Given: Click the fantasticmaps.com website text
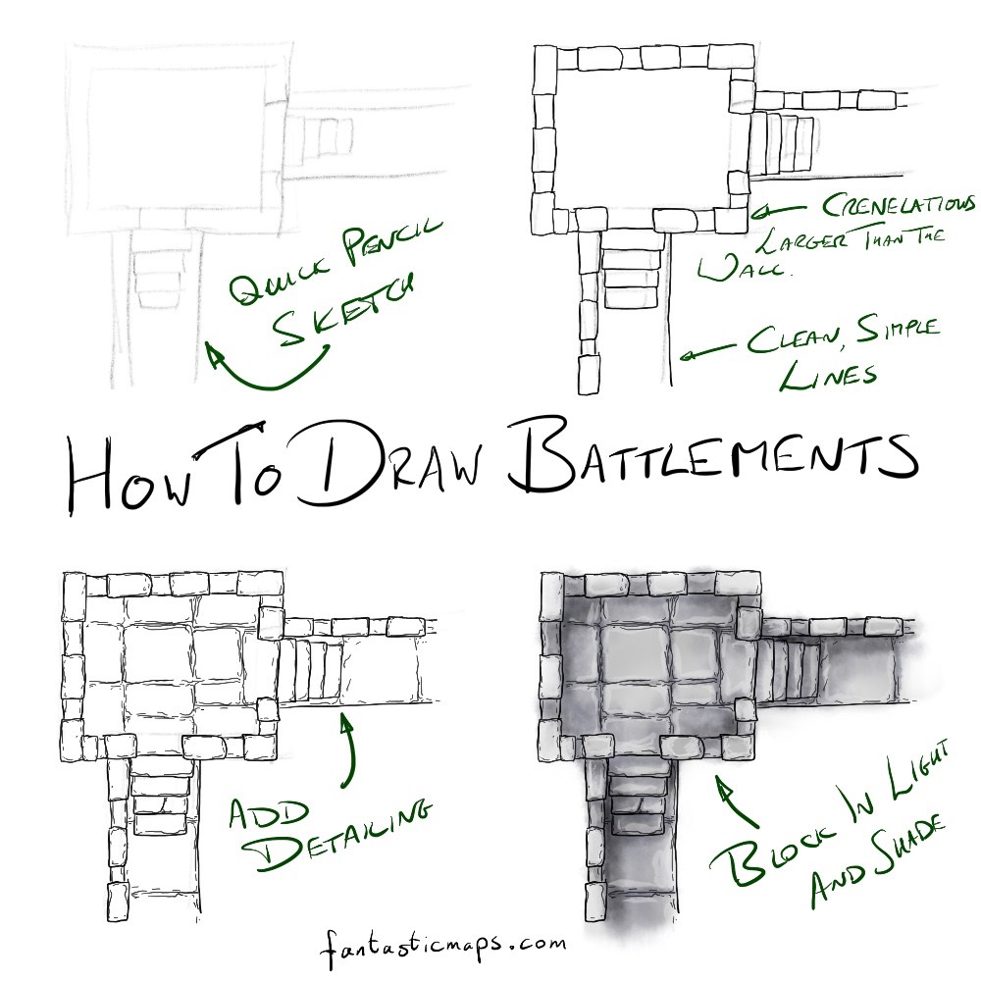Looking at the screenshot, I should coord(441,946).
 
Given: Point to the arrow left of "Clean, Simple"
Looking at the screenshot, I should coord(711,351).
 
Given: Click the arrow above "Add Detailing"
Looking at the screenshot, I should coord(346,750).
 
